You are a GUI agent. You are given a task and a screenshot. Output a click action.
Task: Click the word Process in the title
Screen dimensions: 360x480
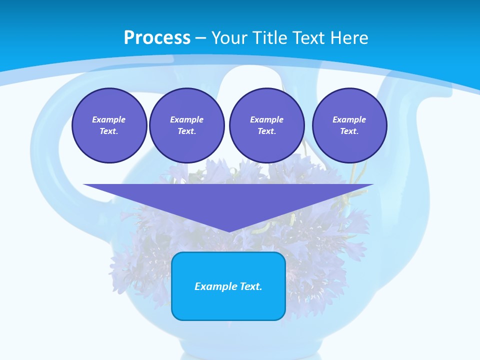click(157, 38)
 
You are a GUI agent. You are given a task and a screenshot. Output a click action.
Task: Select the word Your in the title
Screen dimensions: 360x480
click(228, 38)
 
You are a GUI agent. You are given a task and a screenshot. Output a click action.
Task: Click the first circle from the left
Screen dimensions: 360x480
click(109, 125)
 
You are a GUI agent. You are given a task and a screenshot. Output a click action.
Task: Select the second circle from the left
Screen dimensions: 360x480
click(187, 125)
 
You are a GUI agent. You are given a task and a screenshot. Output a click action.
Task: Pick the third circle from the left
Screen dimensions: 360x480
click(267, 125)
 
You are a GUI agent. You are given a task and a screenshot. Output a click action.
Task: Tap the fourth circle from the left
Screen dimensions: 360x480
click(349, 125)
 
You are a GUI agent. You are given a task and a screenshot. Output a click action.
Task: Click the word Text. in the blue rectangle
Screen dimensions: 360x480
click(251, 286)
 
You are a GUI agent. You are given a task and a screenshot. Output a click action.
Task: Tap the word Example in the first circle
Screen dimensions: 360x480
click(109, 119)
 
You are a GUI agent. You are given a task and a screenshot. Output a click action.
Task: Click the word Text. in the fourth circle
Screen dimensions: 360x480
click(349, 131)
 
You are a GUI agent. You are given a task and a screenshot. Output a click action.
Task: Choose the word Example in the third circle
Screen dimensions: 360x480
click(267, 119)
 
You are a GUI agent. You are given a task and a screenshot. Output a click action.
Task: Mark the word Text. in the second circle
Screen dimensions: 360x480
click(187, 131)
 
